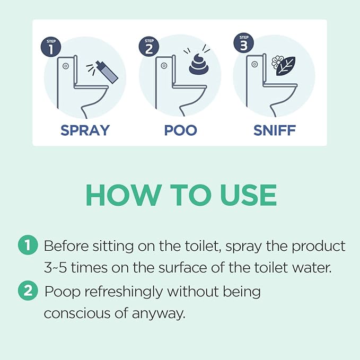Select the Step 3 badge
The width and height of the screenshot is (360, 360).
(x=242, y=43)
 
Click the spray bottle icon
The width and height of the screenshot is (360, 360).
(x=109, y=75)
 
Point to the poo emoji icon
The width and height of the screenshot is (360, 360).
(x=200, y=64)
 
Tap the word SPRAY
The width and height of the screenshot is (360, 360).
(x=85, y=130)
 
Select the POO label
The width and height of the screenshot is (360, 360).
(x=180, y=130)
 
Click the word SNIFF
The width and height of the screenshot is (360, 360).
(x=274, y=130)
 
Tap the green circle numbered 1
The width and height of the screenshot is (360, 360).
(x=28, y=246)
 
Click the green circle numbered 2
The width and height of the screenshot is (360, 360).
(x=28, y=292)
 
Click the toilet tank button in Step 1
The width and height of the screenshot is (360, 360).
(x=65, y=66)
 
